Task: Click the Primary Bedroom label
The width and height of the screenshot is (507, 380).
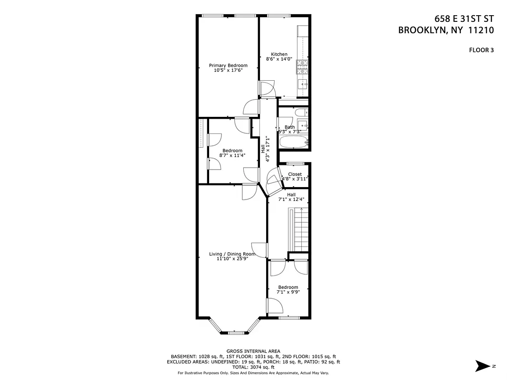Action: click(x=228, y=65)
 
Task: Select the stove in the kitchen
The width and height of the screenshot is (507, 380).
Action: click(x=302, y=67)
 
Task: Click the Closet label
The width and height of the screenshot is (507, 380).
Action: click(x=295, y=174)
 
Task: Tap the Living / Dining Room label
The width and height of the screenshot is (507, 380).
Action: click(x=232, y=254)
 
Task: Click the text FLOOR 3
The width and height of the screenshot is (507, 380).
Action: click(x=481, y=49)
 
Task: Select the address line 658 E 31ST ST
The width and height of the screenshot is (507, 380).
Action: click(x=464, y=19)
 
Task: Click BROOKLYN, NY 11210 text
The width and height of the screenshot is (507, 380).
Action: click(x=446, y=30)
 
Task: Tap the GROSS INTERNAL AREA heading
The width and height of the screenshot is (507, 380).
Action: click(x=253, y=351)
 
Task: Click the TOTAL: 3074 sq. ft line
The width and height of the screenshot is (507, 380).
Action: click(x=253, y=367)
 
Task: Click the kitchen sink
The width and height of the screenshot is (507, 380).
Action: click(x=302, y=85)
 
